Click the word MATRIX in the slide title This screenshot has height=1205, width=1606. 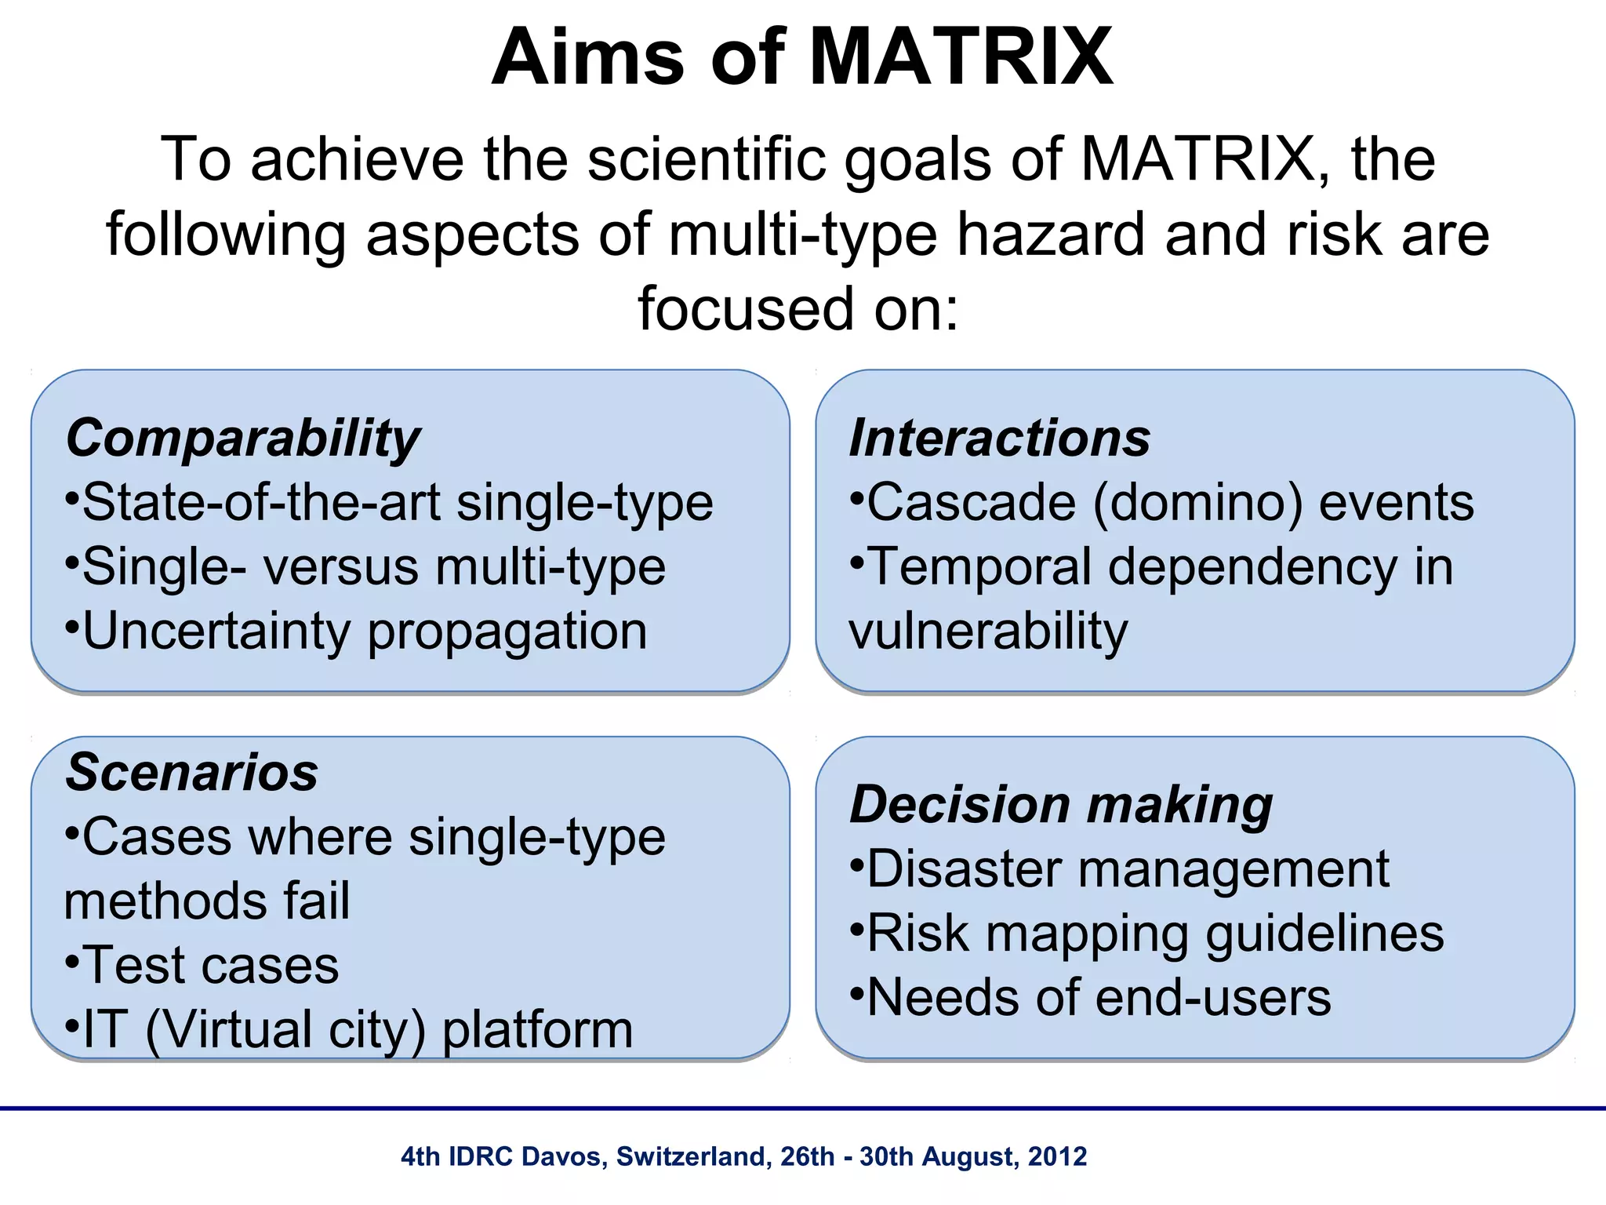click(960, 58)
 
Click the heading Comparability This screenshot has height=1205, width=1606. click(243, 438)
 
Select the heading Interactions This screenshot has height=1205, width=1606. click(1000, 438)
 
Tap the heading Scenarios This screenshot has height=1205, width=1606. click(192, 772)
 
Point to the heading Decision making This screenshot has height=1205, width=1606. click(1061, 805)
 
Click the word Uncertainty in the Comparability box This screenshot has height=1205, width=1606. click(216, 631)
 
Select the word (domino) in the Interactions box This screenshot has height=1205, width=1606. click(1197, 502)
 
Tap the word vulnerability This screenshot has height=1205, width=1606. click(988, 631)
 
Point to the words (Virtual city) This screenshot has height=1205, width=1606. click(285, 1030)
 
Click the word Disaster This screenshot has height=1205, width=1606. click(965, 869)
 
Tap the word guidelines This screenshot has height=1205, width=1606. click(1324, 934)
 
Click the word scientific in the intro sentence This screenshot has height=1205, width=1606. click(707, 159)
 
